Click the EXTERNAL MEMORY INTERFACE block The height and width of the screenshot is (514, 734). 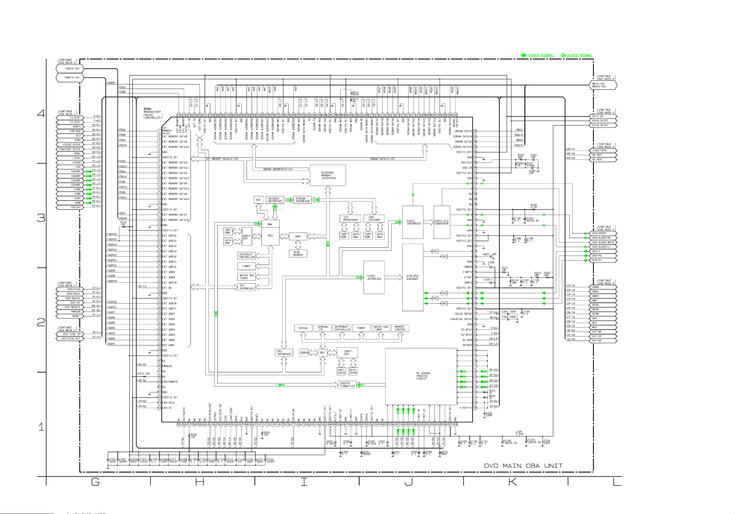click(x=328, y=175)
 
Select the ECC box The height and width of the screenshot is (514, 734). click(x=258, y=200)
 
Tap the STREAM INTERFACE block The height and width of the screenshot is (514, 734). click(x=302, y=200)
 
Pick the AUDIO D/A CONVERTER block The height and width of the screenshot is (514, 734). click(x=442, y=222)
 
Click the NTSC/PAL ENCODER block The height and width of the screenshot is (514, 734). click(x=412, y=277)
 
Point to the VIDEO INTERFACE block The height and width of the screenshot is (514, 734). click(x=374, y=277)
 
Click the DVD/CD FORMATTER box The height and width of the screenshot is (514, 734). click(x=347, y=385)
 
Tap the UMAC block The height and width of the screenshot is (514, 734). click(x=298, y=236)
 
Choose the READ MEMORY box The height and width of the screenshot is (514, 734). click(x=298, y=254)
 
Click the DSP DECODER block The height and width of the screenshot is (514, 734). click(x=374, y=218)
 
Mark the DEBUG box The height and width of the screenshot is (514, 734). click(x=304, y=353)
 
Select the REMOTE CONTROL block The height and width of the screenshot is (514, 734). click(x=400, y=328)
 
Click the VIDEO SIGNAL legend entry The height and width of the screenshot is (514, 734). click(x=538, y=56)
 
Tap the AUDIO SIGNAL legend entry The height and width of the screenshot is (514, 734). click(x=577, y=56)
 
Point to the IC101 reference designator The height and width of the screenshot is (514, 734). click(x=147, y=109)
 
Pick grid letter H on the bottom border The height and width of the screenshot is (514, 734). click(x=200, y=482)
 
